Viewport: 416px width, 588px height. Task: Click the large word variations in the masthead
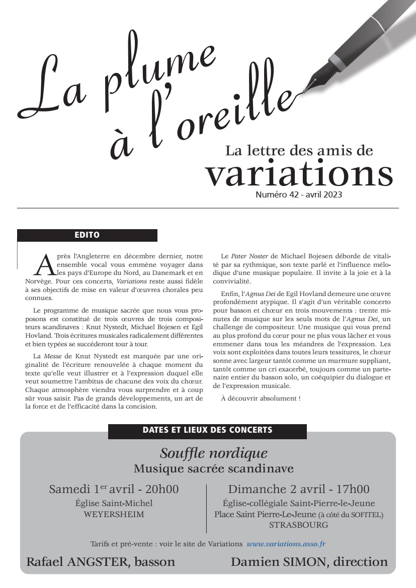(299, 173)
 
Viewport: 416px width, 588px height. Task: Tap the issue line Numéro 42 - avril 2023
(299, 195)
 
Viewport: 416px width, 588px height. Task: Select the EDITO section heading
(87, 235)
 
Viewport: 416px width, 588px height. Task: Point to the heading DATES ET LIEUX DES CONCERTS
(207, 431)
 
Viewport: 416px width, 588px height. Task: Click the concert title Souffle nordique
(213, 453)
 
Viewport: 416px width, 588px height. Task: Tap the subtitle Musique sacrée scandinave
(213, 469)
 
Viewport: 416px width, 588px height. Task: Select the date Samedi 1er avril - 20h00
(114, 489)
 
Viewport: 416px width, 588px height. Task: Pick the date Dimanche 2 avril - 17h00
(298, 489)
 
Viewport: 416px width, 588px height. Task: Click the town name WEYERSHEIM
(114, 514)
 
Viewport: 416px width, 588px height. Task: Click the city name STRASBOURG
(298, 525)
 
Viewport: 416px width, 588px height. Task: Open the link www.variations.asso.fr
(286, 544)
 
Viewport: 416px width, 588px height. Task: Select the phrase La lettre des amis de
(299, 150)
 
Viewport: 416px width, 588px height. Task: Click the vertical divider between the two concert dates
(206, 508)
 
